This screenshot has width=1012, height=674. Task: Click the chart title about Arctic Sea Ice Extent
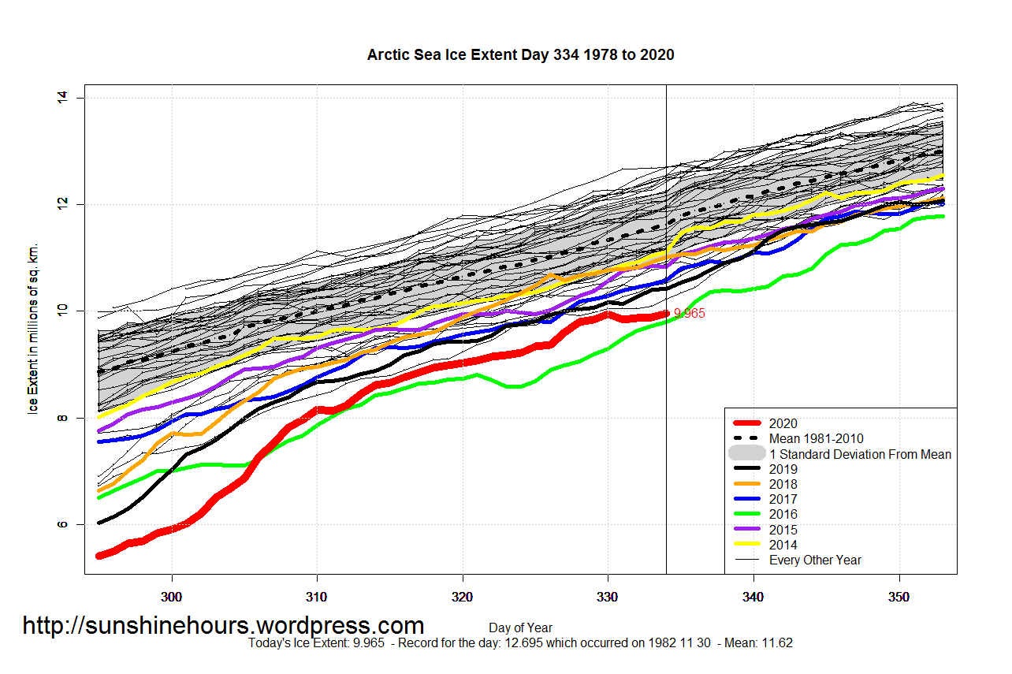520,55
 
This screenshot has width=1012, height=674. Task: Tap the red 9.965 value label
689,314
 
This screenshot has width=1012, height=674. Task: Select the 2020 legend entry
783,423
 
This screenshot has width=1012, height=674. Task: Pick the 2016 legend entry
783,515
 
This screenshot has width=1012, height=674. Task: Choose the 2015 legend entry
783,530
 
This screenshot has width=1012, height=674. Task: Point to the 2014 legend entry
783,545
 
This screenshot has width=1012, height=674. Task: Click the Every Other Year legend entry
815,560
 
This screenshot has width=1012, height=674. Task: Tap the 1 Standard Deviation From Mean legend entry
860,454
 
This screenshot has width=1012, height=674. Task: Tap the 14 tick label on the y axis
62,98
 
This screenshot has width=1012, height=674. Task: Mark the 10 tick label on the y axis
62,311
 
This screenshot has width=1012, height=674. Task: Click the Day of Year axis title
520,628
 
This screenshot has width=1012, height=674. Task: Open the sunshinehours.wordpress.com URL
223,626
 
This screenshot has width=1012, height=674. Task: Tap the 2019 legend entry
783,469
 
